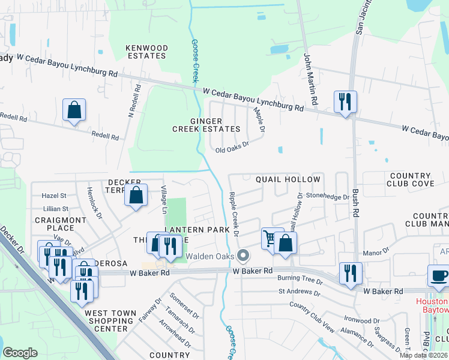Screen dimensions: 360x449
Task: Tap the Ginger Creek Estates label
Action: tap(206, 125)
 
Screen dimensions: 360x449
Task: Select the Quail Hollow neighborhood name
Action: tap(288, 179)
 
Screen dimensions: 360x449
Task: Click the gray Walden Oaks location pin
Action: tap(243, 256)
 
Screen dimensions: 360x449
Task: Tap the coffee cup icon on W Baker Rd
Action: tap(438, 275)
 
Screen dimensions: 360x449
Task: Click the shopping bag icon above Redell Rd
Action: tap(74, 110)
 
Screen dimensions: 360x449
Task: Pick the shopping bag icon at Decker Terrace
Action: tap(136, 195)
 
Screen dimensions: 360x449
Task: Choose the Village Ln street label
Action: tap(164, 199)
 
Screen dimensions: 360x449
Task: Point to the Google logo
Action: tap(20, 353)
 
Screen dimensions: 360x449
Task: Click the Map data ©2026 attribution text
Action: tap(423, 355)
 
